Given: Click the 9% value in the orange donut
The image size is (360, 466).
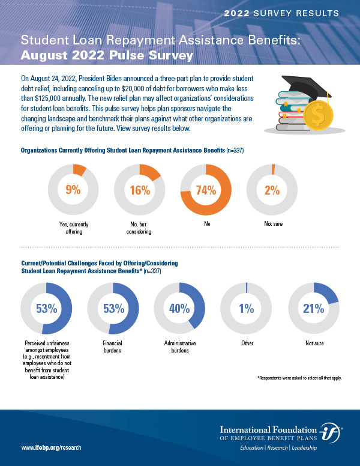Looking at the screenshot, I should pos(72,190).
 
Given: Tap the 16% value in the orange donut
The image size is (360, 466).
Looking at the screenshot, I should pos(139,190).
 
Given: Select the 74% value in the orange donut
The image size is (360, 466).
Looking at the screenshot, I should pos(206,190).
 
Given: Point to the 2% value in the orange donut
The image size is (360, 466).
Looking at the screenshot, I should pos(272,190).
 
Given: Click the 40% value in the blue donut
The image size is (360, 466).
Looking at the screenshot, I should pos(180,309).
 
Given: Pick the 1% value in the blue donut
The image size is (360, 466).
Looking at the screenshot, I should pos(247,309).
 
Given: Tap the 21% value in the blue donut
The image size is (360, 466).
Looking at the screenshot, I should pos(314,309).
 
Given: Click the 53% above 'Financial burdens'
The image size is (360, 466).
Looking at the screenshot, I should pos(113,309).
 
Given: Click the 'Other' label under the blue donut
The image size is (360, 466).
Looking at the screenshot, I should pos(247,344).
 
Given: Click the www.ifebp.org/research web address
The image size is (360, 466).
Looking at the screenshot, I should pos(51,448).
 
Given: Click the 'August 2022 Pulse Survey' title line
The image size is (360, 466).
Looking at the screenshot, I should pos(107,56).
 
